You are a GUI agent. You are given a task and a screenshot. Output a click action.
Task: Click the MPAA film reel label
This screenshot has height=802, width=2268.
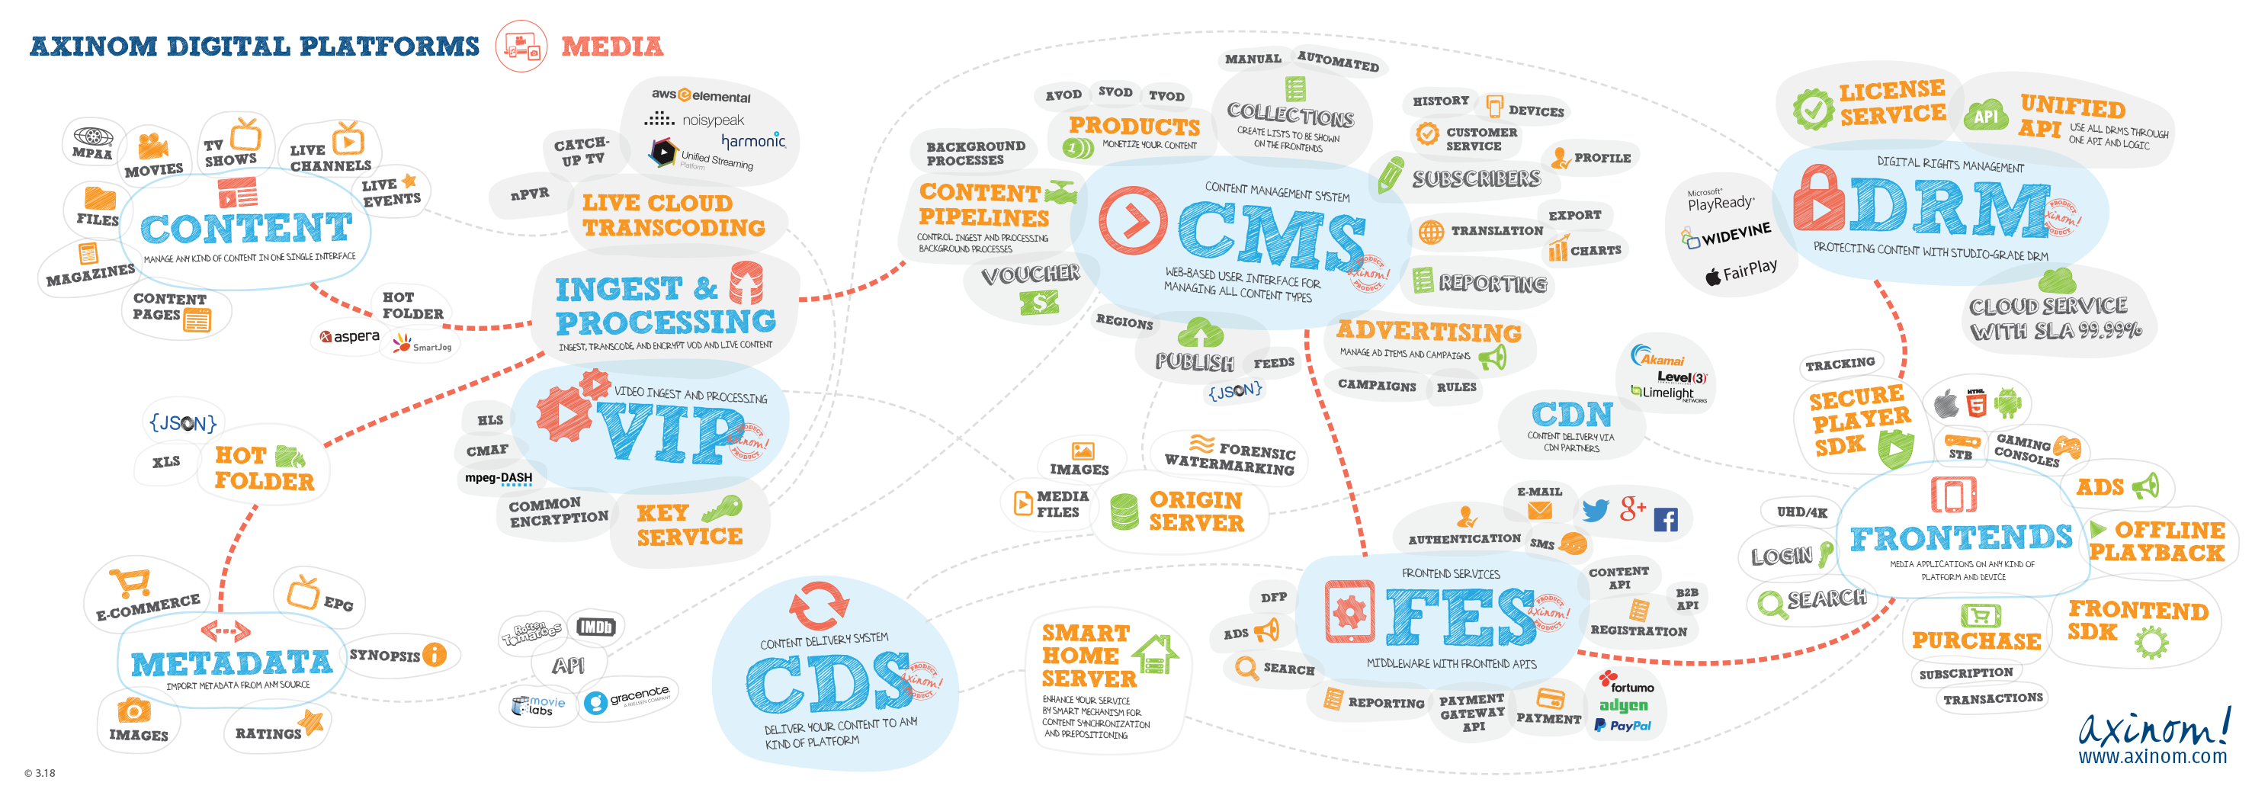click(92, 143)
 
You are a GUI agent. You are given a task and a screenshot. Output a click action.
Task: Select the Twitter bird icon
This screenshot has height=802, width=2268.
click(1595, 510)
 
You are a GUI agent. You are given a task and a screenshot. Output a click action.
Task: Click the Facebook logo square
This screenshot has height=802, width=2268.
click(1665, 519)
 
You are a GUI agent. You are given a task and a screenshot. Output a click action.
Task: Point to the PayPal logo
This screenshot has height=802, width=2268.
click(1622, 726)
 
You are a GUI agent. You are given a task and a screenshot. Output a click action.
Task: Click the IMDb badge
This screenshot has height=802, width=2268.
click(595, 627)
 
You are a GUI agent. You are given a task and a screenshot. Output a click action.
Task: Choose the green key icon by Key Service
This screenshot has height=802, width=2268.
click(722, 508)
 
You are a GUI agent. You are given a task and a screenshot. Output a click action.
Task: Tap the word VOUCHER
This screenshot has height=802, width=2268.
click(1030, 274)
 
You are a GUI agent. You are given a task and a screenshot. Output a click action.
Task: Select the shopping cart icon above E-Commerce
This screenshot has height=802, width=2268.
click(130, 582)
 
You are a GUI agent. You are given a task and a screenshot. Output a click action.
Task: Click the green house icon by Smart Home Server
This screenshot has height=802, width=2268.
click(1155, 655)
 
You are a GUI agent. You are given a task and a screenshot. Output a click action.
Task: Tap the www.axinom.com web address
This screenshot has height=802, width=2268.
click(2152, 755)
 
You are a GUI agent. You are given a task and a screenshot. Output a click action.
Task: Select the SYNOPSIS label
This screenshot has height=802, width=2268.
click(385, 655)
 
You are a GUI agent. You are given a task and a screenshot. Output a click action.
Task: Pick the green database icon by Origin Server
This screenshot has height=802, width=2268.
click(1124, 512)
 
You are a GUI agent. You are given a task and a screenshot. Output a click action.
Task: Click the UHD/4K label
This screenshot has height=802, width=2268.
click(1801, 512)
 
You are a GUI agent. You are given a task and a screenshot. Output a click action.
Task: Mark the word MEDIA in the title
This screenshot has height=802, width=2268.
click(612, 47)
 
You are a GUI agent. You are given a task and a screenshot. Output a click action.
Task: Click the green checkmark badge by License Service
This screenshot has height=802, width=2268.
click(1813, 109)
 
